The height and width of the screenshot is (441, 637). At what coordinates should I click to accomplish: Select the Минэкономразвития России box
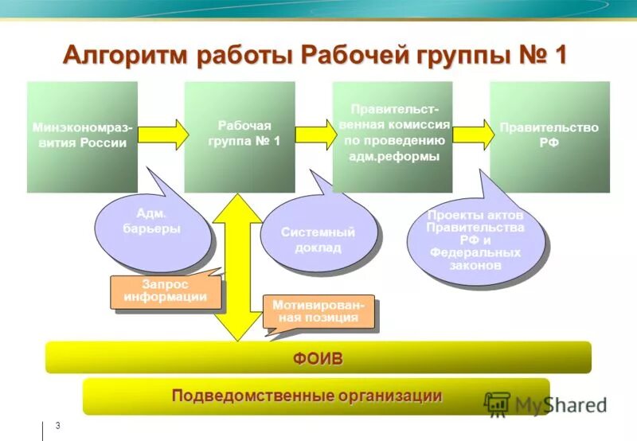click(82, 136)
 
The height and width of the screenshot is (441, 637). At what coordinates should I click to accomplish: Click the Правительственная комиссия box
click(393, 136)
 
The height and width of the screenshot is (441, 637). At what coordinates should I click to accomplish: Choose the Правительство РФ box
click(549, 136)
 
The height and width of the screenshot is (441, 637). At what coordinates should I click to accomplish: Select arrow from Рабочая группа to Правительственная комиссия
click(315, 133)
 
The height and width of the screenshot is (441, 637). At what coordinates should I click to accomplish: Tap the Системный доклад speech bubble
click(318, 240)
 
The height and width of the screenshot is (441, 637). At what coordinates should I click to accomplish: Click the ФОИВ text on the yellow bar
click(318, 358)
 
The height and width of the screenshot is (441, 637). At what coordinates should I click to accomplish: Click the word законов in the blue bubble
click(475, 264)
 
